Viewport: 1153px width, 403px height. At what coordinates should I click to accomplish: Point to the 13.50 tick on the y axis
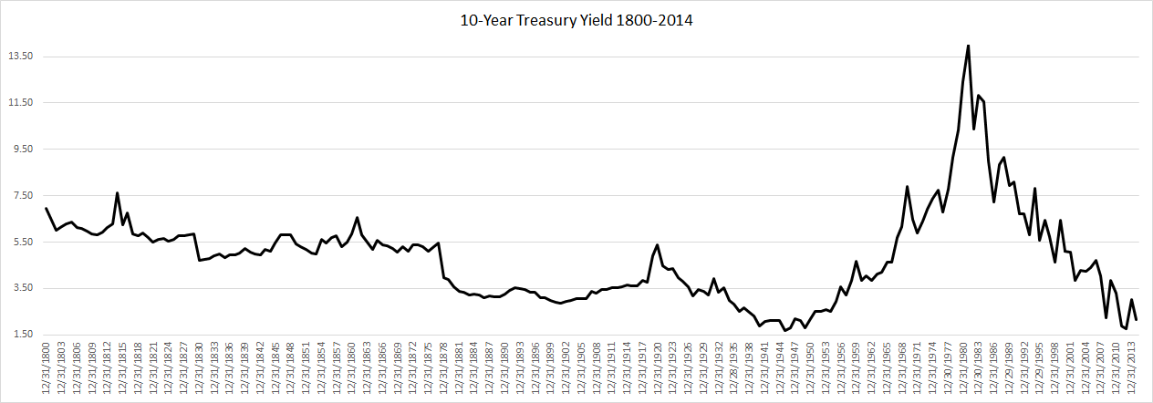coord(19,57)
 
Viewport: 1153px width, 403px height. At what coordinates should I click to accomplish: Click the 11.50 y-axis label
coord(19,103)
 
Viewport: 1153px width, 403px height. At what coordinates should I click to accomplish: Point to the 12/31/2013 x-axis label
coord(1131,370)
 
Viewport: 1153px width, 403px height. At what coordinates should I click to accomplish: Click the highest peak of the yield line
coord(968,46)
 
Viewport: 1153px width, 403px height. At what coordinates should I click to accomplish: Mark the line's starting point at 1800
coord(47,209)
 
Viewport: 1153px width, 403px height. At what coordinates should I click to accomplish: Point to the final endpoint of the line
coord(1137,319)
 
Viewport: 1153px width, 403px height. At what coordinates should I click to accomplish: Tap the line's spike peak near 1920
coord(657,244)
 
